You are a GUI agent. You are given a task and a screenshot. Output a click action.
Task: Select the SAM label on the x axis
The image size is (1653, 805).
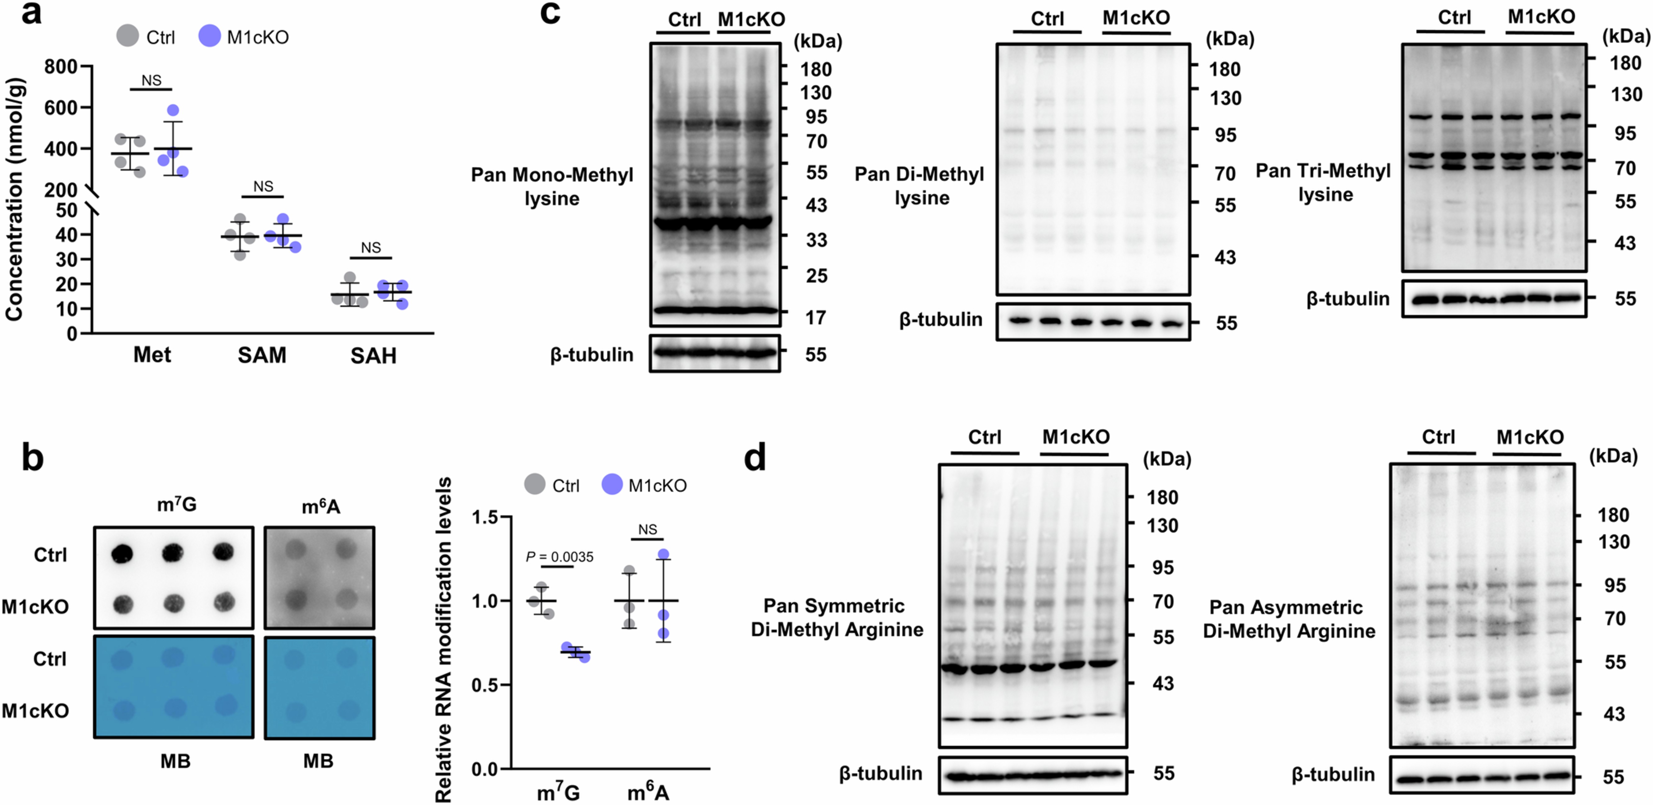pyautogui.click(x=262, y=355)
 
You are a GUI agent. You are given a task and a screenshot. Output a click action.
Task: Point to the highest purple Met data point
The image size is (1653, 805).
pyautogui.click(x=173, y=110)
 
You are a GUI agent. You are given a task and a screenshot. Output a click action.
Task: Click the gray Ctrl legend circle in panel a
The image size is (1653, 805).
pyautogui.click(x=128, y=36)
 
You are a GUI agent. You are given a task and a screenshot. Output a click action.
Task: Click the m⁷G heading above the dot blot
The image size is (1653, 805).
pyautogui.click(x=176, y=505)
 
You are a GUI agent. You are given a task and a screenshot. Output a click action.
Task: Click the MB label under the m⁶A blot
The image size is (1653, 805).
pyautogui.click(x=318, y=761)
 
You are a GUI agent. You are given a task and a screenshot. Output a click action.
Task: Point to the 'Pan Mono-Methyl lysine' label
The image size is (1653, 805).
pyautogui.click(x=552, y=186)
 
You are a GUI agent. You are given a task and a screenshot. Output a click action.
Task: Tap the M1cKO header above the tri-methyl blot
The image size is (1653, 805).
pyautogui.click(x=1541, y=17)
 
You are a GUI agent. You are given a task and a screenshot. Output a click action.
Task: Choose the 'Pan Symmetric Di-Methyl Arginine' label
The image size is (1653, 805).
pyautogui.click(x=837, y=618)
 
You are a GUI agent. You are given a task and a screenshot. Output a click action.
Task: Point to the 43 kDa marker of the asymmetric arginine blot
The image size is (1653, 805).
pyautogui.click(x=1614, y=714)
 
